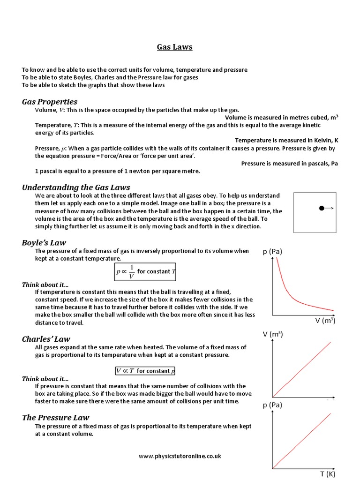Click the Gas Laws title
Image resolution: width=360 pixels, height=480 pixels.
pyautogui.click(x=174, y=47)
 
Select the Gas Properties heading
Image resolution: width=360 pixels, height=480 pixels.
pyautogui.click(x=50, y=102)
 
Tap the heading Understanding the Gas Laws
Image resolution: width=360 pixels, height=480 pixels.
pyautogui.click(x=76, y=187)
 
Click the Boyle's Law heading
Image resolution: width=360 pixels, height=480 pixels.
pyautogui.click(x=44, y=242)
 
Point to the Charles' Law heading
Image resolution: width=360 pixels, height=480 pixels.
pyautogui.click(x=46, y=338)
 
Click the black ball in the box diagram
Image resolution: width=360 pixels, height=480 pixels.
pyautogui.click(x=322, y=208)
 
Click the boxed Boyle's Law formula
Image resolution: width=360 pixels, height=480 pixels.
pyautogui.click(x=145, y=272)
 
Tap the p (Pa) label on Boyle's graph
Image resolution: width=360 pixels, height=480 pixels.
pyautogui.click(x=272, y=252)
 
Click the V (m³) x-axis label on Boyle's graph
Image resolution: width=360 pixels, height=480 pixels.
pyautogui.click(x=325, y=321)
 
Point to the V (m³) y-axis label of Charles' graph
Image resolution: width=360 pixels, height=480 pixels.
pyautogui.click(x=272, y=334)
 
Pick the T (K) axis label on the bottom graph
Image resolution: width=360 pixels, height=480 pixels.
pyautogui.click(x=328, y=473)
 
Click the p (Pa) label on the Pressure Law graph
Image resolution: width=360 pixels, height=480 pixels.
pyautogui.click(x=272, y=405)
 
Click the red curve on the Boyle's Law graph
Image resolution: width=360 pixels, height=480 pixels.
pyautogui.click(x=291, y=295)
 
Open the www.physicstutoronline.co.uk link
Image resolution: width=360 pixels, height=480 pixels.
pyautogui.click(x=180, y=456)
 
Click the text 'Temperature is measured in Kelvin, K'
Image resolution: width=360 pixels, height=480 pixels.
pyautogui.click(x=286, y=140)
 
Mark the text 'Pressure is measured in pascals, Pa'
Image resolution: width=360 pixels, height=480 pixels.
pyautogui.click(x=289, y=164)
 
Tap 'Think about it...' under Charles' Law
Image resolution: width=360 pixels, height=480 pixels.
pyautogui.click(x=45, y=378)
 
